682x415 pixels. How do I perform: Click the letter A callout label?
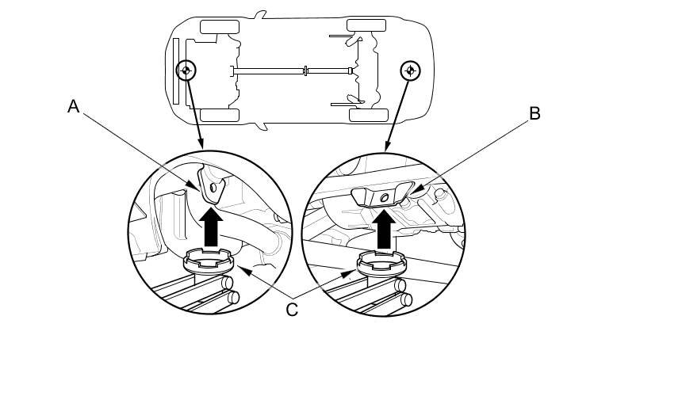tap(74, 106)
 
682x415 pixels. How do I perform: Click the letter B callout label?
tap(534, 113)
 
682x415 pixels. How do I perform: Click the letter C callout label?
tap(292, 310)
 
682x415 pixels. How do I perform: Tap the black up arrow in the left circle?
tap(211, 227)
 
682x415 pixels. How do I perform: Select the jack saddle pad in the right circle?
tap(381, 262)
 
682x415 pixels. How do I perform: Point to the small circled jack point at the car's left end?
tap(186, 70)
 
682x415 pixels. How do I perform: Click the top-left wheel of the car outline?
tap(220, 27)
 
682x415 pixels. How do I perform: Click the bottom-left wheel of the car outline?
tap(220, 115)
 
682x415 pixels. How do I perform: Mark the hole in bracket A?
tap(209, 187)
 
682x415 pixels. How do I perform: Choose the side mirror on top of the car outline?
tap(261, 13)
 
